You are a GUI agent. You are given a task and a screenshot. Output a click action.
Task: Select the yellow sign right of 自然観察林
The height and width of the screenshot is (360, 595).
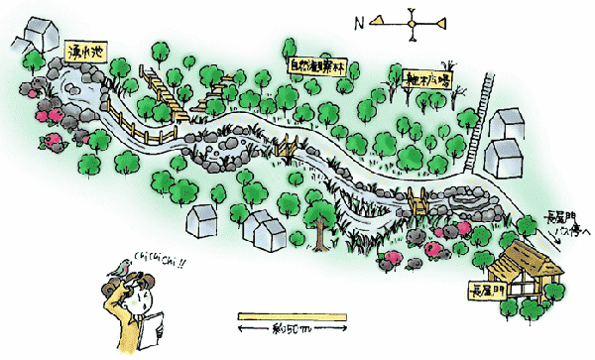(428, 76)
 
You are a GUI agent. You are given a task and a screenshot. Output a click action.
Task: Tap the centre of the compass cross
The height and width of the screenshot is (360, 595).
(412, 20)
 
